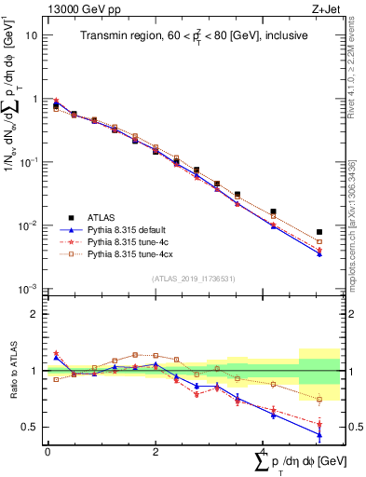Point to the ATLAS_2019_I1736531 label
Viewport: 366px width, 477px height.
tap(193, 279)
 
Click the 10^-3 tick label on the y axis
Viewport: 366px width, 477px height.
tap(28, 289)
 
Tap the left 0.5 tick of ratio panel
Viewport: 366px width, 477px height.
tap(31, 427)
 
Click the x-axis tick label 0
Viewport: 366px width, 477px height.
tap(47, 452)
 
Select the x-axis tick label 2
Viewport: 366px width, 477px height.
tap(155, 452)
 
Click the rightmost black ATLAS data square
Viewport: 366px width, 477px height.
tap(319, 232)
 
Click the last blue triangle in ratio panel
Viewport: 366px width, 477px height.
tap(319, 434)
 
